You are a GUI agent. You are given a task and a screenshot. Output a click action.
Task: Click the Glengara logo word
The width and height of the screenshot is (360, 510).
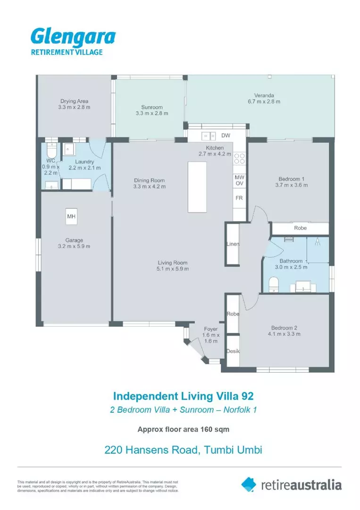pyautogui.click(x=73, y=37)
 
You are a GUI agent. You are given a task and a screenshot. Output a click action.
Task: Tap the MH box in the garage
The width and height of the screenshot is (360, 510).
pyautogui.click(x=72, y=217)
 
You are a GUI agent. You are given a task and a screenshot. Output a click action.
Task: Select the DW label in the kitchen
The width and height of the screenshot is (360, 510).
pyautogui.click(x=226, y=136)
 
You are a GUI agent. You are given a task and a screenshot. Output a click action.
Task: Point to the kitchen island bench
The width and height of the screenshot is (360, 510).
pyautogui.click(x=197, y=187)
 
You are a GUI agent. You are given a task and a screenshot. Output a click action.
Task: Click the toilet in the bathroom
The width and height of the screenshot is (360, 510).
pyautogui.click(x=274, y=285)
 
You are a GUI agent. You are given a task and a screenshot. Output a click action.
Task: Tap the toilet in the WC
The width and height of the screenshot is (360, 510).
pyautogui.click(x=51, y=151)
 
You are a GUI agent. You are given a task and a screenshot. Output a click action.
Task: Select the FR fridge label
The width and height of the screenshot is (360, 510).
pyautogui.click(x=239, y=198)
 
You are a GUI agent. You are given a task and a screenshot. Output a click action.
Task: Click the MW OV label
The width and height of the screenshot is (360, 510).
pyautogui.click(x=239, y=180)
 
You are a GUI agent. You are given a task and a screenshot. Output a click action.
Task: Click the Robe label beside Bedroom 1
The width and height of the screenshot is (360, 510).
pyautogui.click(x=300, y=228)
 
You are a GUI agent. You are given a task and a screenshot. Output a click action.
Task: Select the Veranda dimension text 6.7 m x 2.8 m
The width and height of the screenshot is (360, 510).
pyautogui.click(x=264, y=101)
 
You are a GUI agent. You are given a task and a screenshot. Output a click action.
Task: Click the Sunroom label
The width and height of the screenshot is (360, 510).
pyautogui.click(x=152, y=107)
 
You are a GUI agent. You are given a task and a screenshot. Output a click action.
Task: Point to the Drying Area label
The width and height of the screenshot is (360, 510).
pyautogui.click(x=74, y=101)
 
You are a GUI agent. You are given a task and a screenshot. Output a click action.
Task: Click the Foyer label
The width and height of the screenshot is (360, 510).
pyautogui.click(x=210, y=329)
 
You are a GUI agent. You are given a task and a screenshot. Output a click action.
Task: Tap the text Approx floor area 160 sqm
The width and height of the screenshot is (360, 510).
pyautogui.click(x=183, y=429)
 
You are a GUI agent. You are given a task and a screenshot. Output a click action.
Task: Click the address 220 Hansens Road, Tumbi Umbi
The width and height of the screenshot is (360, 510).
pyautogui.click(x=183, y=450)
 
